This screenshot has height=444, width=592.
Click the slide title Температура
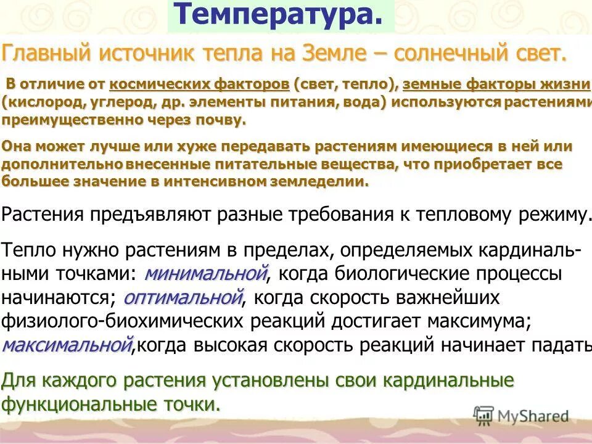tap(275, 15)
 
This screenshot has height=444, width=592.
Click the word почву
tap(220, 120)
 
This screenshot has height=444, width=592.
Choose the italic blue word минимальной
tap(207, 272)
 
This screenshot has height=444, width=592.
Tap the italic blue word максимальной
tap(67, 344)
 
